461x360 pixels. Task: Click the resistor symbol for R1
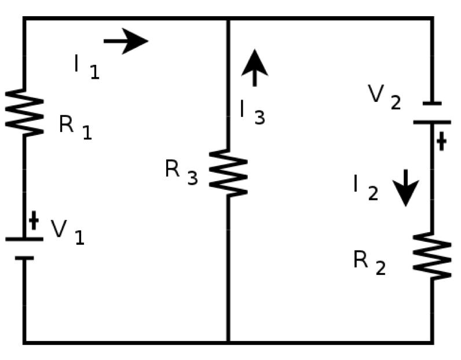pyautogui.click(x=24, y=113)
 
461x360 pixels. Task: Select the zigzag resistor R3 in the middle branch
pyautogui.click(x=228, y=172)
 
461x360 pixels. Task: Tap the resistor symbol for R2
pyautogui.click(x=432, y=256)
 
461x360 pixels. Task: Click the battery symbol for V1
pyautogui.click(x=24, y=248)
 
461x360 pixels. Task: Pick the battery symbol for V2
pyautogui.click(x=432, y=113)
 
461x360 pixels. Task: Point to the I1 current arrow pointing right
pyautogui.click(x=126, y=41)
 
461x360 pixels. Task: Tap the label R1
pyautogui.click(x=75, y=127)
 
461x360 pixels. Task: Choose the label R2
pyautogui.click(x=369, y=263)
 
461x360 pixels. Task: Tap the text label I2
pyautogui.click(x=365, y=187)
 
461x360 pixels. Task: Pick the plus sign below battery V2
pyautogui.click(x=441, y=141)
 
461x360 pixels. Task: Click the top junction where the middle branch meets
pyautogui.click(x=228, y=19)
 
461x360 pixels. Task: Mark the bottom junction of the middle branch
pyautogui.click(x=228, y=342)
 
